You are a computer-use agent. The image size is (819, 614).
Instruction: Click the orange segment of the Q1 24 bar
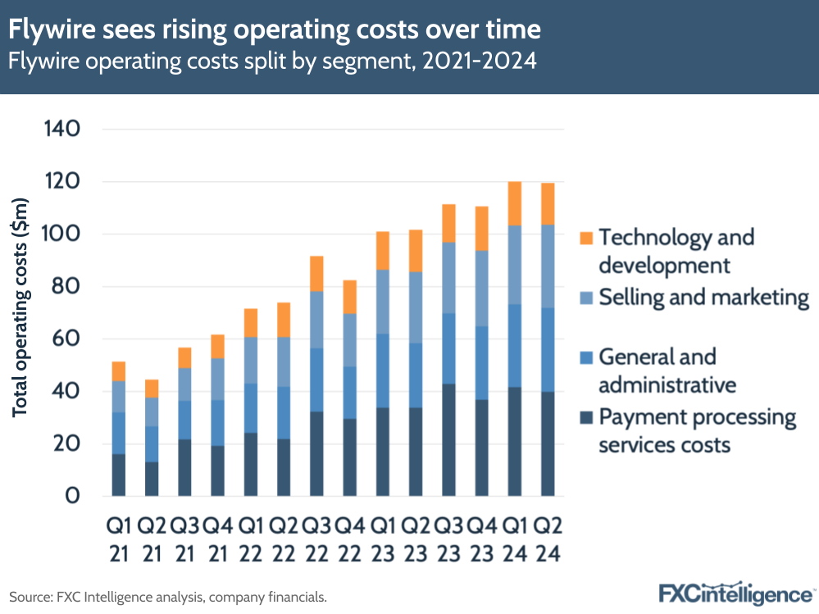tap(515, 203)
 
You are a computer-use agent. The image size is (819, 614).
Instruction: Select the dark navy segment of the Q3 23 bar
tap(448, 439)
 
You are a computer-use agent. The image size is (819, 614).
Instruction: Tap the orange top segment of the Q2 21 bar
tap(152, 389)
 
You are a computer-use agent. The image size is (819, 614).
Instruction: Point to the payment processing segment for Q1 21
tap(119, 475)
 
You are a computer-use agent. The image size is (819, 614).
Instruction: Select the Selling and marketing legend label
tap(704, 297)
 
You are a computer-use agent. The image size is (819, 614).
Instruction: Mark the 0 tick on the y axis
tap(74, 497)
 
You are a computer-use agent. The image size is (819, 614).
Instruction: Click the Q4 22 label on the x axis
tap(349, 539)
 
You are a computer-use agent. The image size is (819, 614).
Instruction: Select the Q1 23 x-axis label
tap(383, 539)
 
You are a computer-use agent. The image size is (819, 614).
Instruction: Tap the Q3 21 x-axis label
tap(185, 539)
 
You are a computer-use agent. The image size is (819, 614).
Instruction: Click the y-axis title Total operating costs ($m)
tap(20, 307)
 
